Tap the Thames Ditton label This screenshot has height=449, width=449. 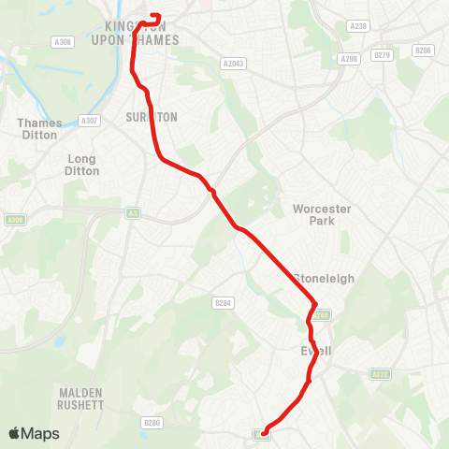(39, 129)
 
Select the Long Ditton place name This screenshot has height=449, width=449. (82, 165)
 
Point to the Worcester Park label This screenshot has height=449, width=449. (321, 214)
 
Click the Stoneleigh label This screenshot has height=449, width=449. (321, 278)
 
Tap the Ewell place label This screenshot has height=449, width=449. (316, 351)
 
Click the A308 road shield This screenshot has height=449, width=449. (63, 42)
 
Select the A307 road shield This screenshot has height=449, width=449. (90, 120)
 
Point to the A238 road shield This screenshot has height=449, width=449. (356, 27)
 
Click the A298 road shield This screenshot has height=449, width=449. (350, 59)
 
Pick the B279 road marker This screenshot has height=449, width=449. (381, 55)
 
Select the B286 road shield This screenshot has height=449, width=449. (424, 50)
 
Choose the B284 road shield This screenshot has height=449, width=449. (222, 303)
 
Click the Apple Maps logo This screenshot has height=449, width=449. (34, 433)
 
